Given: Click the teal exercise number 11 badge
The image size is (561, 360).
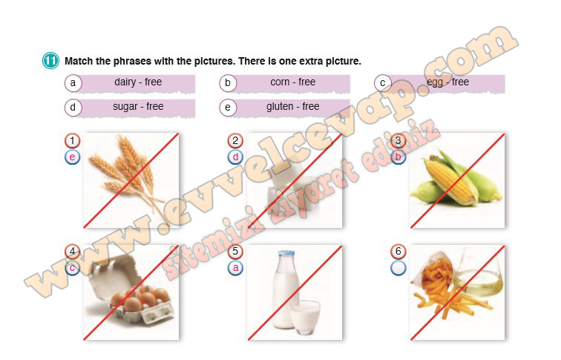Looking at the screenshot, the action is coord(50,60).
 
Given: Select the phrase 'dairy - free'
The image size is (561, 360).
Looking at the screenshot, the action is coord(138,82).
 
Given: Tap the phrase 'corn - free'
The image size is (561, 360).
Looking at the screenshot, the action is coord(293,82).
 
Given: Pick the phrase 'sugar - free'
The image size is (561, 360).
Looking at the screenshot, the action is coord(138,107).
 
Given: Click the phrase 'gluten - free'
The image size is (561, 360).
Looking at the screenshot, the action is coord(293,107).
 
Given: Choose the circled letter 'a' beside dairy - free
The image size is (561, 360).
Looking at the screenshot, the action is coord(73,83).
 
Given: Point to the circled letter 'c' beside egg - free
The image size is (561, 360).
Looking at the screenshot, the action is coord(382,83).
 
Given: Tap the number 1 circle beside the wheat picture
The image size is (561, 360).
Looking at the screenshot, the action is coord(72,140).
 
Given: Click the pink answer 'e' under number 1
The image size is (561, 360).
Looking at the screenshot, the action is coord(72,157).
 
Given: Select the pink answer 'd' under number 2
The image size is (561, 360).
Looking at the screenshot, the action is coord(235,157).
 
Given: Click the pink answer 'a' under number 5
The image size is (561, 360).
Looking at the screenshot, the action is coord(235,268).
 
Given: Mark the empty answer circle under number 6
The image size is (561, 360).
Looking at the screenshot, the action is coord(398,268).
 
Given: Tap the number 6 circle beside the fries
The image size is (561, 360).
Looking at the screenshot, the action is coord(398,251).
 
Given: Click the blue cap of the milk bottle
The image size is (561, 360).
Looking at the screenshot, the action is coord(286,253).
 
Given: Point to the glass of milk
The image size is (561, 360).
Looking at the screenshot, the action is coord(305,318).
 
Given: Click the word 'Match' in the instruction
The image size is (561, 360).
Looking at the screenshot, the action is coord(79,61).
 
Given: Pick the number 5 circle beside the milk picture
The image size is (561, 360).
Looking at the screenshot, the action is coord(235,251).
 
